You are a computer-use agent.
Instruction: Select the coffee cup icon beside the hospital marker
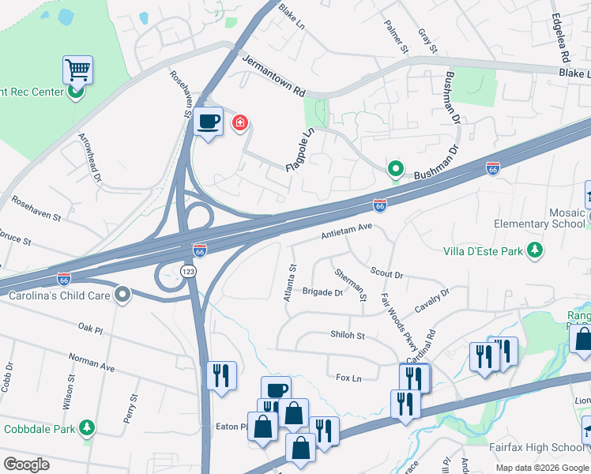pos(208,122)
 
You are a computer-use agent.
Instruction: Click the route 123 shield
pos(189,271)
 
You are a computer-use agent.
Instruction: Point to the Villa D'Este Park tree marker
pos(536,250)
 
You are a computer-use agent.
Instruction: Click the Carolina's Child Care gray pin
pos(122,296)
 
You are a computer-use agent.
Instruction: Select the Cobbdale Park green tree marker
pos(86,429)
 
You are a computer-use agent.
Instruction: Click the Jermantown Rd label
pos(273,77)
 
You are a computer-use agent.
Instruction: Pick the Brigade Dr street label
pos(322,292)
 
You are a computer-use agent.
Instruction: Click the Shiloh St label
pos(348,335)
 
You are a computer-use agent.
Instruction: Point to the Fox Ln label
pos(348,378)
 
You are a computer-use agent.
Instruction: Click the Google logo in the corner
pos(27,465)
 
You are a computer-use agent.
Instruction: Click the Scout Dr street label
pos(386,273)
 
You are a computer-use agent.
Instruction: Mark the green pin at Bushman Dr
pos(395,169)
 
